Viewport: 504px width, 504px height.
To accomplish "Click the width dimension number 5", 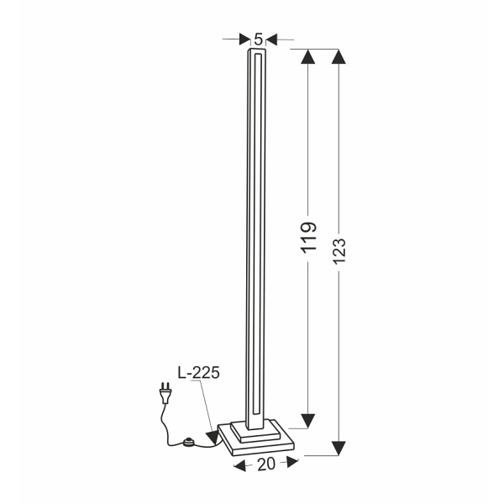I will point(259,38).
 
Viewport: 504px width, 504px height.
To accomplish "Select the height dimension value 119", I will point(308,238).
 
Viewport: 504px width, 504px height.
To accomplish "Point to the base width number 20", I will point(266,465).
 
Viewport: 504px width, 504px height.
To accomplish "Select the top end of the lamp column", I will point(257,52).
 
